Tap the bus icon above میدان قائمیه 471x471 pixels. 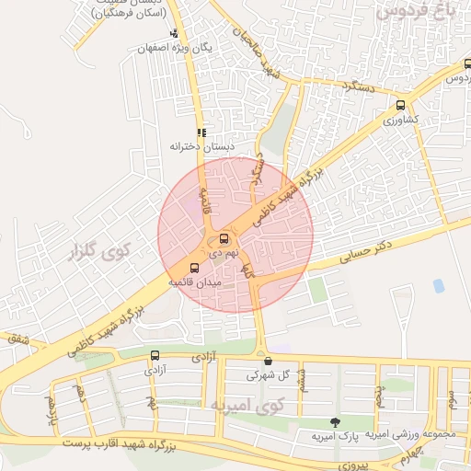tap(193, 269)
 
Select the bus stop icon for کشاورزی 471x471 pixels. tap(400, 106)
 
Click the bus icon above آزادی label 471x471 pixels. tap(155, 355)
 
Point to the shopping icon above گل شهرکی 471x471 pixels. tap(268, 362)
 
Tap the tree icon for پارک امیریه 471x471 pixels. tap(334, 422)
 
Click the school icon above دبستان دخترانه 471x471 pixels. tap(201, 132)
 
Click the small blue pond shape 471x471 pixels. tap(438, 286)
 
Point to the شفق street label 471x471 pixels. tap(18, 339)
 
